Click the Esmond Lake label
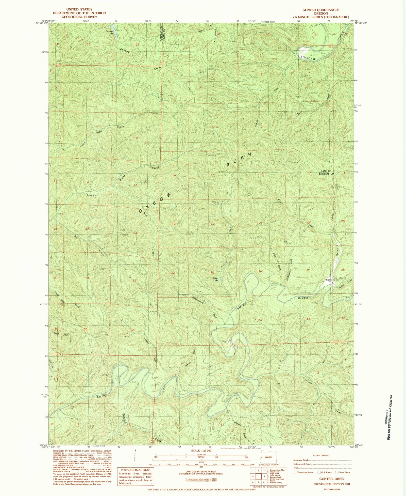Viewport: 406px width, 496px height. click(x=109, y=32)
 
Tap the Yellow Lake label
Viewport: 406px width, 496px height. click(x=215, y=279)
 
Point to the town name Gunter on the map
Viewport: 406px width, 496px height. click(x=329, y=280)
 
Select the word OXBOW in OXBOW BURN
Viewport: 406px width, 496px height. click(x=155, y=203)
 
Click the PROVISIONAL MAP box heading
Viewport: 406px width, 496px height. click(x=135, y=470)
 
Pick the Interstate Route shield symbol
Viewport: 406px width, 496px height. click(x=296, y=472)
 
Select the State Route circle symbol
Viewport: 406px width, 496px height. click(x=337, y=472)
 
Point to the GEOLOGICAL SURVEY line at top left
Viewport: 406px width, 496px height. click(x=79, y=17)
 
